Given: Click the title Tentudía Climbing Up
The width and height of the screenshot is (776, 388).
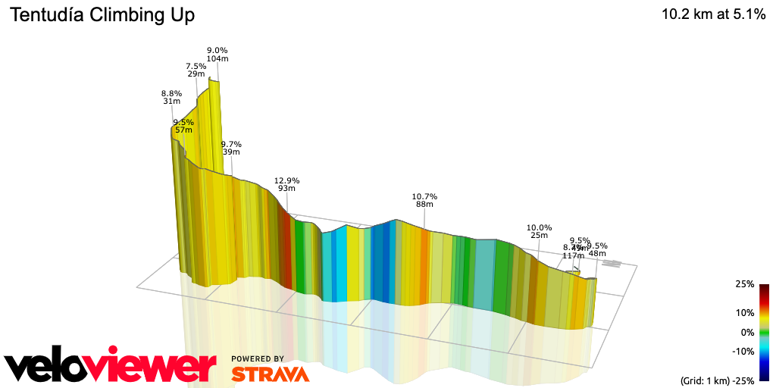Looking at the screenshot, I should coord(102,15).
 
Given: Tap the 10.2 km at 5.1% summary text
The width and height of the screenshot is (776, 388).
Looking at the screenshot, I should coord(713,14).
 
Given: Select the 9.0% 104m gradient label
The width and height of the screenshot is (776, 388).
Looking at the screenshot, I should coord(217,55).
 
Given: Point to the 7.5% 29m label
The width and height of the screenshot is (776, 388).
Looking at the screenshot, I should coord(196,70).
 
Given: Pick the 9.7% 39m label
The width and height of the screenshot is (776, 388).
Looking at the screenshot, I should coord(231,148).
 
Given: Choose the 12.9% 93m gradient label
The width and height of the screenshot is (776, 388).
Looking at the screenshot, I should coord(287,184).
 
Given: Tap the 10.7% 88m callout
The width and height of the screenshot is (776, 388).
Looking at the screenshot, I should coord(424,200).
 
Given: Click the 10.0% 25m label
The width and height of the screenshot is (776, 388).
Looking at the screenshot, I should coord(540,231).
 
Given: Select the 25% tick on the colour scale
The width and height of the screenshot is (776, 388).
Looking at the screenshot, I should coord(745,284).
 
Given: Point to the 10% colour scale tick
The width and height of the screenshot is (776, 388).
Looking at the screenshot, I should coord(745,312).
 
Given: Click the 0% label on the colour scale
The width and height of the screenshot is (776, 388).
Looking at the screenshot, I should coord(747,332).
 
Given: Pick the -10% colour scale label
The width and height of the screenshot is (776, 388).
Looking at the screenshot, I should coord(743,351).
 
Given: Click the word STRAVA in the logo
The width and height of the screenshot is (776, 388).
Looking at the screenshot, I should coord(270,374).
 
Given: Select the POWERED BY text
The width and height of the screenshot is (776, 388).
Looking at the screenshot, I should coord(258,359).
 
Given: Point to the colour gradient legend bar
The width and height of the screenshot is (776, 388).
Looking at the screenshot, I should coord(764,332).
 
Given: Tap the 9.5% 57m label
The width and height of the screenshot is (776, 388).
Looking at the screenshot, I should coord(183,126).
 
